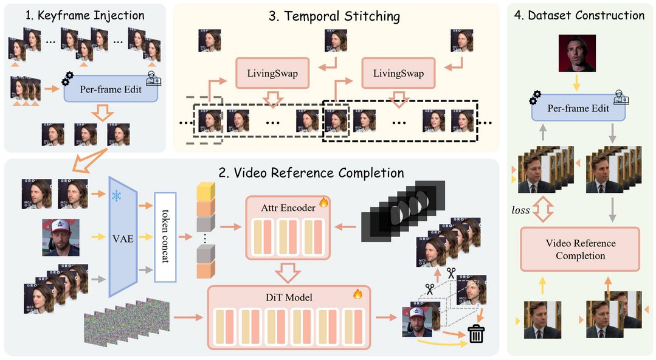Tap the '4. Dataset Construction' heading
[579, 15]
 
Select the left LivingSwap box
[272, 74]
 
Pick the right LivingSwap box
[399, 74]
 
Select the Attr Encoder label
[280, 207]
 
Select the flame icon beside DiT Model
[358, 294]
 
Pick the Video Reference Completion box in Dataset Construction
[580, 249]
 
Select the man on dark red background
[577, 53]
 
